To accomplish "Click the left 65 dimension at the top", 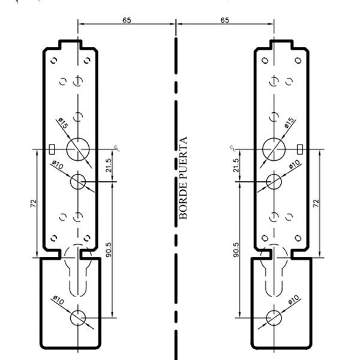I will tap(127, 20).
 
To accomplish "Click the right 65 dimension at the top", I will tap(224, 20).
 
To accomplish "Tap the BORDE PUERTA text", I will tap(184, 178).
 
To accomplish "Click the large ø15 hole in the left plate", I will tap(78, 148).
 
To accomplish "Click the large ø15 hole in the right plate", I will tap(274, 148).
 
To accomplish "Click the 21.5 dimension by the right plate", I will tap(236, 164).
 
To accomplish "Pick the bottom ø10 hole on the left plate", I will tap(78, 317).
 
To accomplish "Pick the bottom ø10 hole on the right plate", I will tap(274, 317).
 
